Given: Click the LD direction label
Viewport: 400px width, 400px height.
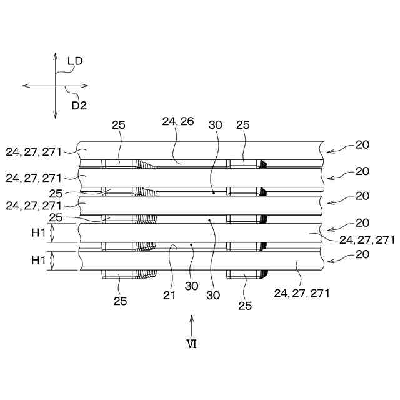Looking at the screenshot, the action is tap(75, 61).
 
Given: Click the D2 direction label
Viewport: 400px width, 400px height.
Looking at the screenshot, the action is tap(79, 106).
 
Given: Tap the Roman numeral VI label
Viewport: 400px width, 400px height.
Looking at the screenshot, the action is tap(192, 344).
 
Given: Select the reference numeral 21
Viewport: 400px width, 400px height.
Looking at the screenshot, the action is tap(169, 296).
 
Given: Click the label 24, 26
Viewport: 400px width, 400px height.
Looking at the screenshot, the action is tap(178, 121).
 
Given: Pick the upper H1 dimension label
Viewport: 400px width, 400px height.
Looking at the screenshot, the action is tap(39, 232).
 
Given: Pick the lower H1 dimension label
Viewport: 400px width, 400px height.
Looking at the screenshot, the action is tap(39, 260).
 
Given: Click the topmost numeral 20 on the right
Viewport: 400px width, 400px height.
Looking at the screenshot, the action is tap(362, 145).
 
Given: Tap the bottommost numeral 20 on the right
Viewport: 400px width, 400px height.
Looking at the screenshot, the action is tap(362, 254).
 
